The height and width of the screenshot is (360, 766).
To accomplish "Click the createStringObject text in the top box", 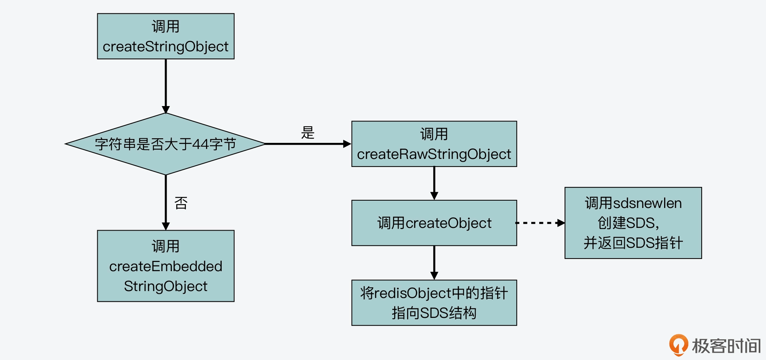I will pyautogui.click(x=165, y=47).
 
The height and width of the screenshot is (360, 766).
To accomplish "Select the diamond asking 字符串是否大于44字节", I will pyautogui.click(x=165, y=144).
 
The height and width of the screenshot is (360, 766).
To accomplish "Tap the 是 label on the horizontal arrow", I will pyautogui.click(x=308, y=133).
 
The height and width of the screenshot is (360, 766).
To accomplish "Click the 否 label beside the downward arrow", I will pyautogui.click(x=181, y=203).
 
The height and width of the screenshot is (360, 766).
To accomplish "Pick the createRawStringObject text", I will pyautogui.click(x=434, y=154).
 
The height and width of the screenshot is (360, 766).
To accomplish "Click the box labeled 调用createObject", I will pyautogui.click(x=434, y=223).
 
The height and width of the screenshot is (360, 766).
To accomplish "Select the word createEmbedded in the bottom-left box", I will pyautogui.click(x=165, y=266).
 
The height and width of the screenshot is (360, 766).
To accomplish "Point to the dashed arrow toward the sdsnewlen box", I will pyautogui.click(x=540, y=223).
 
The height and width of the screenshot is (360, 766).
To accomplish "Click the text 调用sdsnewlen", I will pyautogui.click(x=633, y=203).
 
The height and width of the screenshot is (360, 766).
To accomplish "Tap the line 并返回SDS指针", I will pyautogui.click(x=633, y=243).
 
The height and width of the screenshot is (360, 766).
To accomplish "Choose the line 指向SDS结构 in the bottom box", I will pyautogui.click(x=434, y=313).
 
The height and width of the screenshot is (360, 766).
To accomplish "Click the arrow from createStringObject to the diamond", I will pyautogui.click(x=166, y=86).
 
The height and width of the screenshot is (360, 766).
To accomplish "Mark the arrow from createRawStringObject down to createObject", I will pyautogui.click(x=434, y=183).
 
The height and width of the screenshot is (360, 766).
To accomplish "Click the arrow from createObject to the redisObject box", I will pyautogui.click(x=434, y=263).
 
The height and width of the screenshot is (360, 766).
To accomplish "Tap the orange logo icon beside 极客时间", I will pyautogui.click(x=678, y=344).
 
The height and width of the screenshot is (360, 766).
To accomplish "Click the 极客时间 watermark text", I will pyautogui.click(x=726, y=346).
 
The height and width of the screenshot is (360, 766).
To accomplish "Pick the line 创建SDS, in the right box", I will pyautogui.click(x=628, y=223).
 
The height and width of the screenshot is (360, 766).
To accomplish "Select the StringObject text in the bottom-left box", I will pyautogui.click(x=165, y=286).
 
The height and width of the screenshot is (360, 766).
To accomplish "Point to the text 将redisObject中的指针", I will pyautogui.click(x=434, y=293).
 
